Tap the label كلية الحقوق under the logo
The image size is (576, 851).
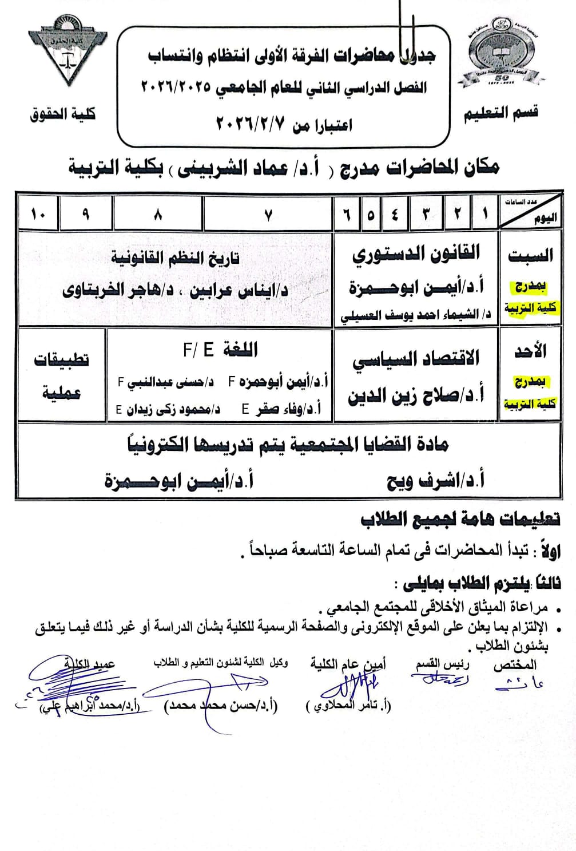click(x=63, y=114)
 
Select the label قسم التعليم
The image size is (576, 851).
click(x=500, y=113)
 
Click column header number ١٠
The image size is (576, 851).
click(x=38, y=215)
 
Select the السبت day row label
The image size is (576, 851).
click(x=530, y=255)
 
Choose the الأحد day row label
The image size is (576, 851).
click(x=530, y=351)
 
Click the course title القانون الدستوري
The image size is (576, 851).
click(x=416, y=253)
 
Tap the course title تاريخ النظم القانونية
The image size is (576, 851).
click(x=175, y=258)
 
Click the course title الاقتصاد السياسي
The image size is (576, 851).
click(x=416, y=359)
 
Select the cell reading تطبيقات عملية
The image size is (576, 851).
click(x=62, y=375)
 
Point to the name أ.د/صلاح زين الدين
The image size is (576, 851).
click(x=416, y=395)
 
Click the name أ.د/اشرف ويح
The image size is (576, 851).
click(x=435, y=481)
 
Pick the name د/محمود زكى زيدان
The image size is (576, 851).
click(x=168, y=409)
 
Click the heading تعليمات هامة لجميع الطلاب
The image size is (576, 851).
click(x=460, y=519)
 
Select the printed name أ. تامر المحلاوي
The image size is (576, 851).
click(x=348, y=705)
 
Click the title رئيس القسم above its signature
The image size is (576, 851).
click(x=442, y=664)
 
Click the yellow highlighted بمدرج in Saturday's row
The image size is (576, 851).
click(x=530, y=286)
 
